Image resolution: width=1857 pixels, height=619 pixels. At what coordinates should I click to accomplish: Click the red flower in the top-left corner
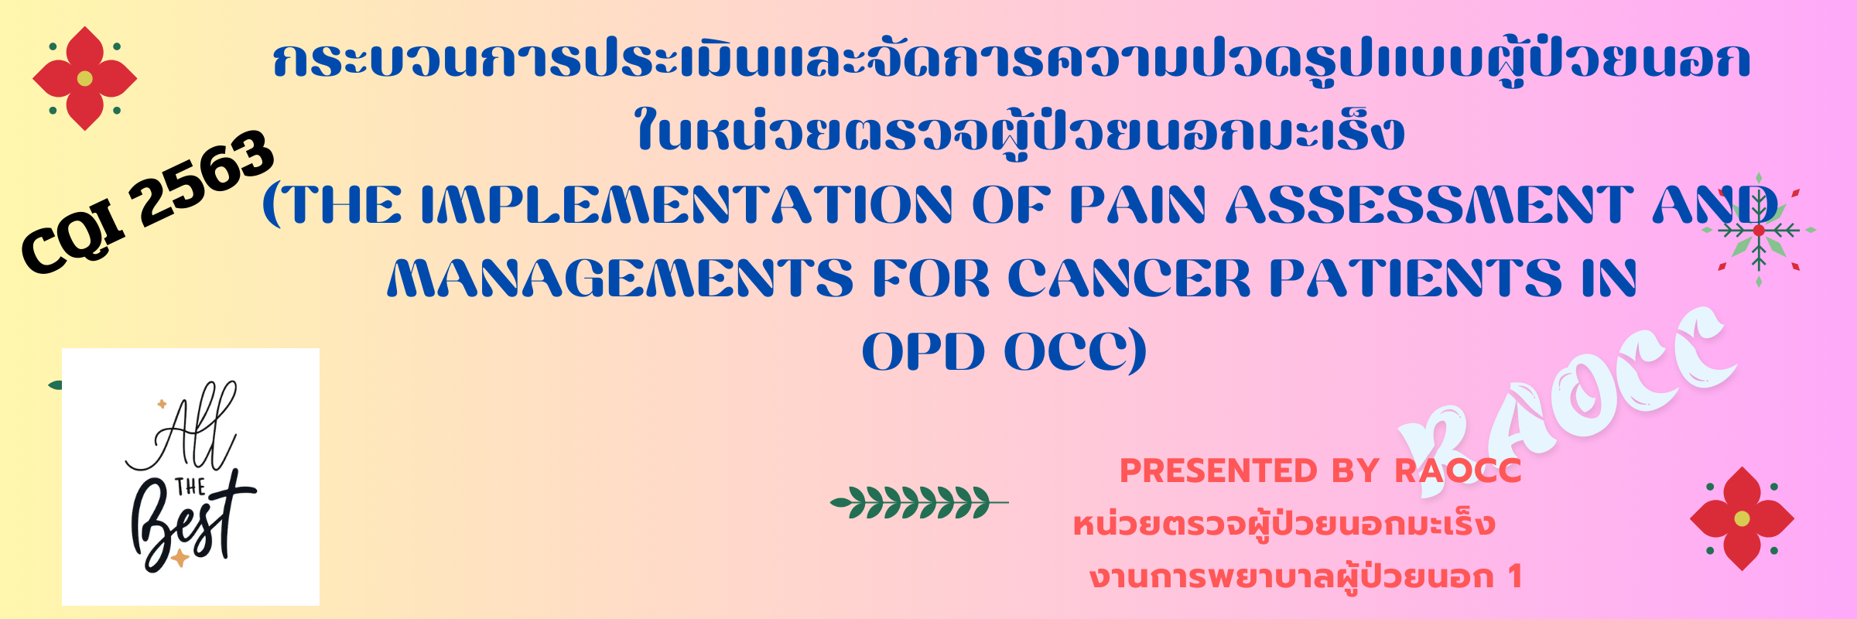point(85,78)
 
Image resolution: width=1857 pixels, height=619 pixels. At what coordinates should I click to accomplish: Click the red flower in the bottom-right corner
point(1742,518)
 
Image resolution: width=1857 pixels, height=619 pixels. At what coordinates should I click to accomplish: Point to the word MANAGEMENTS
point(620,279)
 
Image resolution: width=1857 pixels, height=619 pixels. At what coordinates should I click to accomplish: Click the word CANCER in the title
point(1129,279)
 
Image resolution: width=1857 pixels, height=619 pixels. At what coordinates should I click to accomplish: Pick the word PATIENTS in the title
point(1416,279)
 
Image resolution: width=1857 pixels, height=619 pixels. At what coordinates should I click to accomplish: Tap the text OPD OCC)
point(1004,352)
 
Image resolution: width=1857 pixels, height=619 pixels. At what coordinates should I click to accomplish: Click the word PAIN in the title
point(1137,205)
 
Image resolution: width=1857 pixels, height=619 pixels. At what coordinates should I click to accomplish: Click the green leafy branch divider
point(919,503)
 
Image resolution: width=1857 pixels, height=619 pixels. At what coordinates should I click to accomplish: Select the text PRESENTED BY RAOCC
point(1321,470)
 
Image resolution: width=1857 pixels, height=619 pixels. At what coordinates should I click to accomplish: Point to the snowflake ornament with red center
point(1759,230)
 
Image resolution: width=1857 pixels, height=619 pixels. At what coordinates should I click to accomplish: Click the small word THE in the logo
point(190,487)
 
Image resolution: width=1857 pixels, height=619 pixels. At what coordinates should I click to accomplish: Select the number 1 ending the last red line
point(1514,576)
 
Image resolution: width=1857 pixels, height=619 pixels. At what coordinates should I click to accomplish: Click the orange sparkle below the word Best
point(180,557)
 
